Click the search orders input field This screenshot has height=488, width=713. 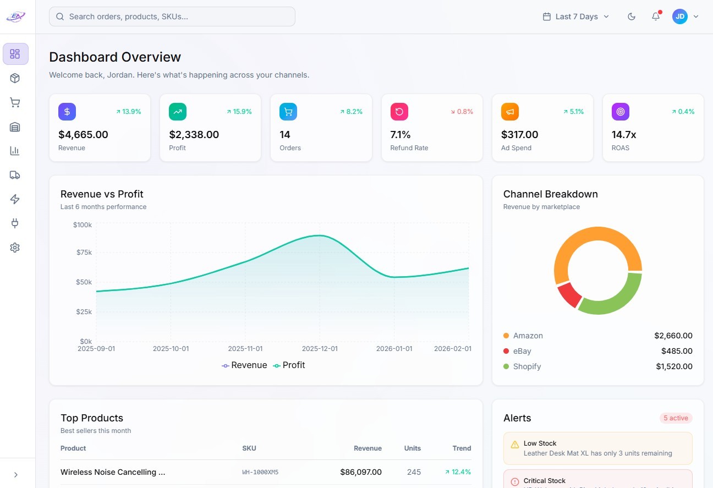172,17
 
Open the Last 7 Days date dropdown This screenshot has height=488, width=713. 576,17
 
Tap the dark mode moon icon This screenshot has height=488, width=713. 632,17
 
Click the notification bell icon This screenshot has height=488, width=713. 656,17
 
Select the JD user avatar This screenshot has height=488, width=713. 680,17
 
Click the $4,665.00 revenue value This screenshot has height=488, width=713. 83,134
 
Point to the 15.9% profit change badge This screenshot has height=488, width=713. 239,112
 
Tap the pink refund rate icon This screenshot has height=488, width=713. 399,112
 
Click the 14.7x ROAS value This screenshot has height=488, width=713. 624,134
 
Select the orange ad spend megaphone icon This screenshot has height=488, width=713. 509,112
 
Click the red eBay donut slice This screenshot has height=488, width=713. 569,295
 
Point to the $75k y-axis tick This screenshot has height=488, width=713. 83,253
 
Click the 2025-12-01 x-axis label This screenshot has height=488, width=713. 320,349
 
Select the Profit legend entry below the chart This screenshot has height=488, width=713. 289,365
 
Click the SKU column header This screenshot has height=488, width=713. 249,448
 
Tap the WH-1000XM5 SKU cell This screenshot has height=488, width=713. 260,472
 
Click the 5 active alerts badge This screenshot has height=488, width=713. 676,418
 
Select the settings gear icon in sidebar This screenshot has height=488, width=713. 15,248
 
